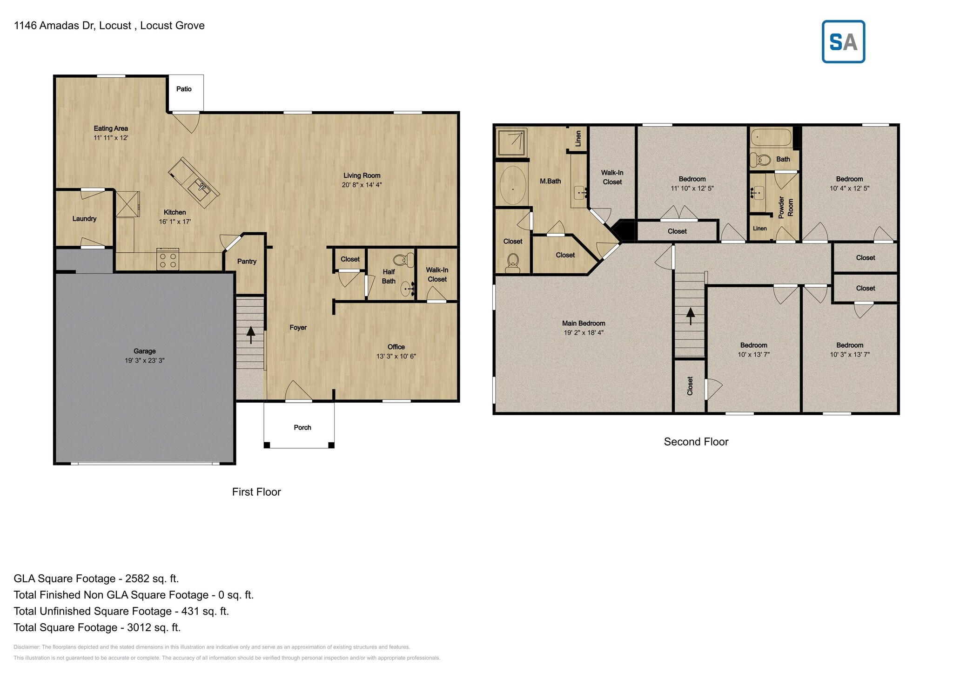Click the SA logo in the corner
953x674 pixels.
tap(843, 42)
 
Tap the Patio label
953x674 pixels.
tap(184, 89)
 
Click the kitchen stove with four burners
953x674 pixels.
tap(168, 259)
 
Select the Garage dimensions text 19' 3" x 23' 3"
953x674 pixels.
tap(144, 360)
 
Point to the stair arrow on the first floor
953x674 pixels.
tap(251, 335)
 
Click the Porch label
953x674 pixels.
tap(302, 427)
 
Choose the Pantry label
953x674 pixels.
tap(247, 261)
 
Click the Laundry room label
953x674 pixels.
tap(84, 219)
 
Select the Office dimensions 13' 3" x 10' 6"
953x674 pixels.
tap(396, 356)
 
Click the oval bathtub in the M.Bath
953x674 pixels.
tap(513, 185)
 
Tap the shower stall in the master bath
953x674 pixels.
tap(511, 142)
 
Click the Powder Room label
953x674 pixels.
tap(785, 207)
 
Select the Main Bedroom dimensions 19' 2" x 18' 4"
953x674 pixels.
tap(584, 332)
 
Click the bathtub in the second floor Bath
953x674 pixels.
tap(771, 137)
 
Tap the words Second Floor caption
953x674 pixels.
tap(696, 442)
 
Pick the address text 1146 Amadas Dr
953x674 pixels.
tap(54, 26)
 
